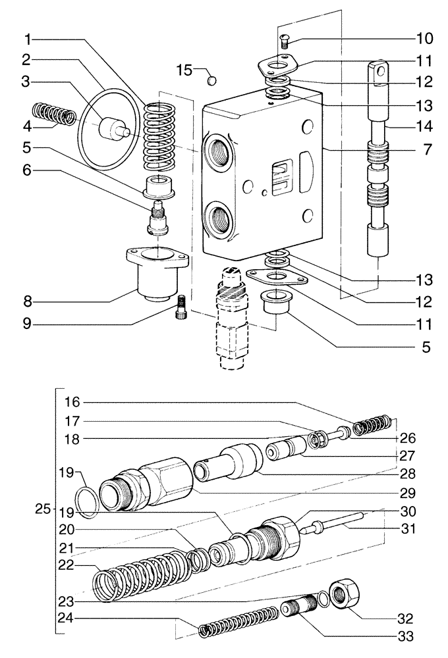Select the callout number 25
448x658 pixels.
point(43,509)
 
